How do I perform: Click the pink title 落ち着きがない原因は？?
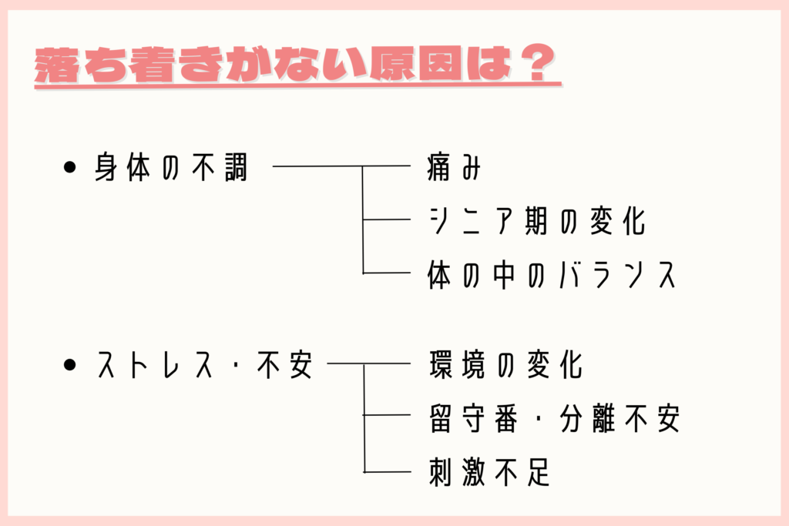[x=297, y=65]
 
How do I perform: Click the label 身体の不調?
[x=171, y=168]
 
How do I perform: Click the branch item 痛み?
[x=454, y=168]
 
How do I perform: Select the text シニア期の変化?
[x=536, y=222]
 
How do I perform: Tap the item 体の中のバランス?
[x=552, y=275]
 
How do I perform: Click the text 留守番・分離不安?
[x=553, y=419]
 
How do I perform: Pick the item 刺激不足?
[x=489, y=472]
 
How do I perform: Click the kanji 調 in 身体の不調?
[x=233, y=168]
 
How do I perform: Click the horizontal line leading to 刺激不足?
[x=387, y=471]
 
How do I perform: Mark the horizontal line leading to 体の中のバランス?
[x=387, y=273]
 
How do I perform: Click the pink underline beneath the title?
[x=297, y=86]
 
